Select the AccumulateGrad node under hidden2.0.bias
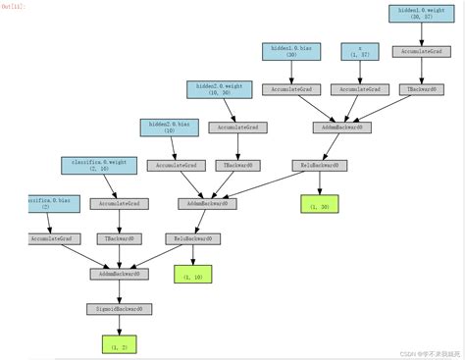point(173,165)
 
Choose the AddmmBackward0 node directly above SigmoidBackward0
point(120,274)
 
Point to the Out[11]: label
point(14,7)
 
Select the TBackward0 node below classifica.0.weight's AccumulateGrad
point(119,238)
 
